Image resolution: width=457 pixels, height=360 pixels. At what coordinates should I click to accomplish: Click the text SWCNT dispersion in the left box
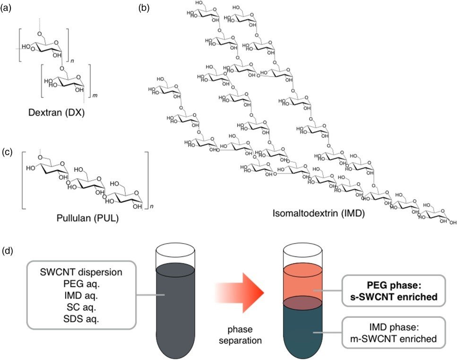click(81, 273)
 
